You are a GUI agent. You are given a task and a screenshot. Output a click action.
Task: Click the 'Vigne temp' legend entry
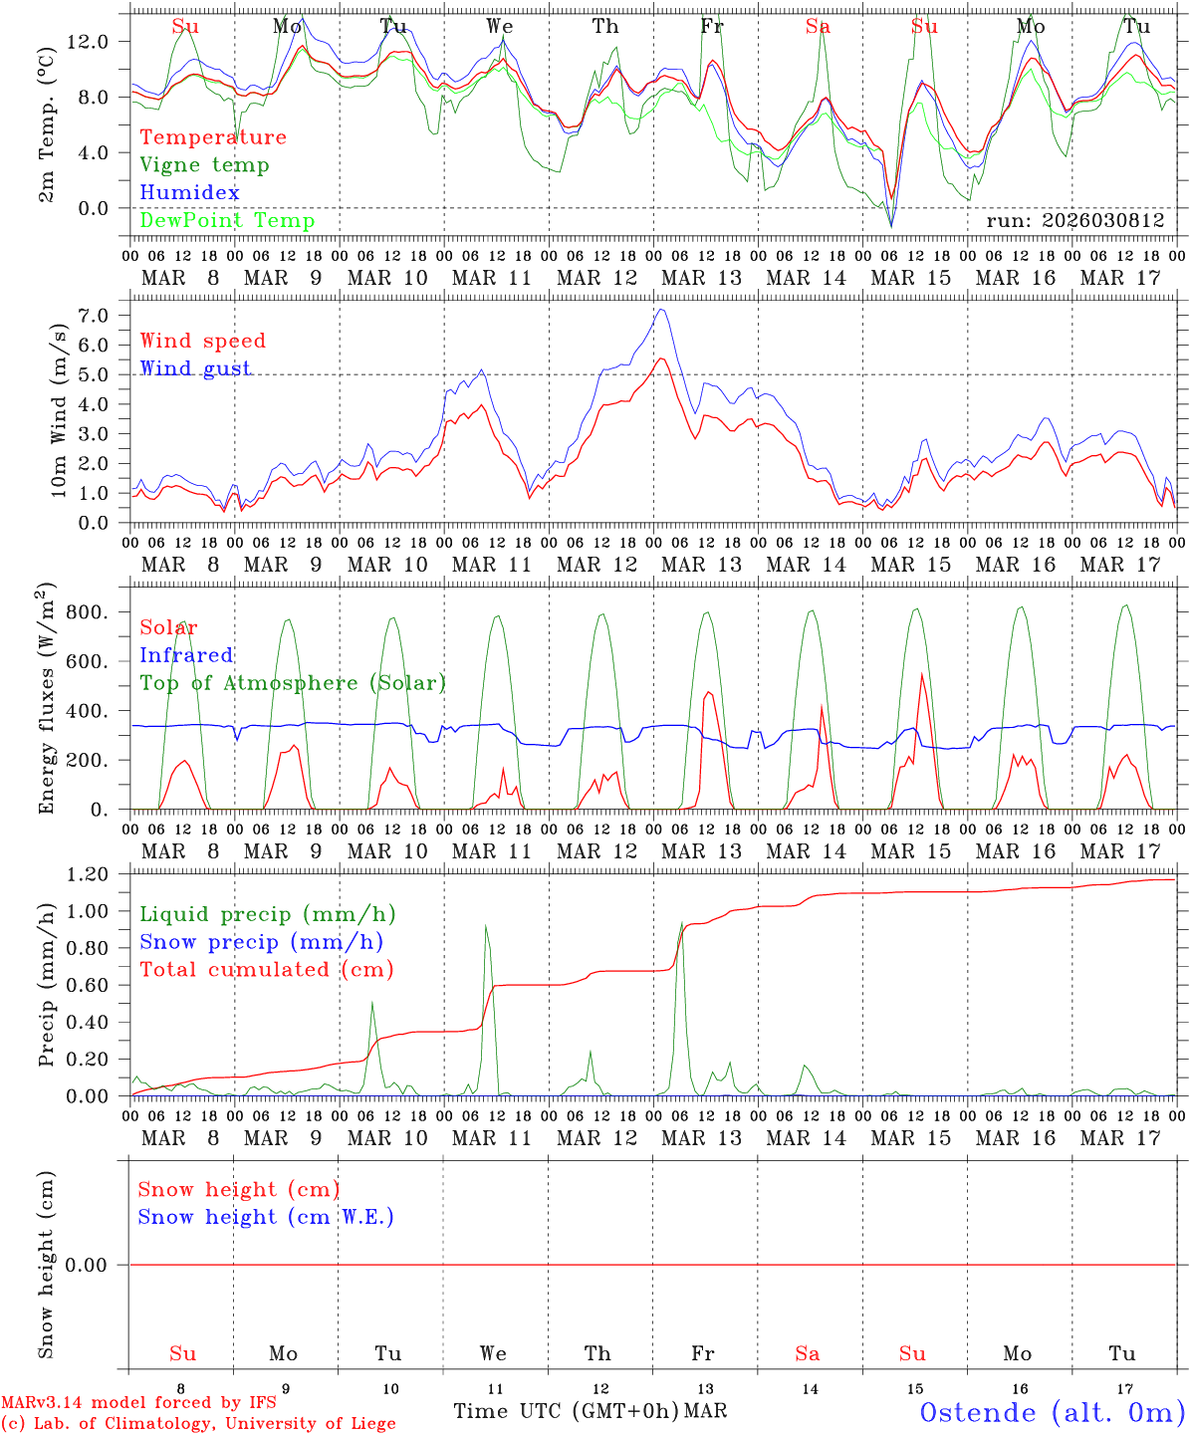pyautogui.click(x=204, y=165)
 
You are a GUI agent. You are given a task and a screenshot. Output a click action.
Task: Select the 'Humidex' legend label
pyautogui.click(x=189, y=193)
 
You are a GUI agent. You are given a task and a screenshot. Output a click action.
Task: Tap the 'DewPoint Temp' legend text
pyautogui.click(x=227, y=221)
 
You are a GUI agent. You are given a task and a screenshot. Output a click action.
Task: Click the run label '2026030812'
pyautogui.click(x=1074, y=221)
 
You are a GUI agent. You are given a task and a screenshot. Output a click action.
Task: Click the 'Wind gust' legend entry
pyautogui.click(x=195, y=368)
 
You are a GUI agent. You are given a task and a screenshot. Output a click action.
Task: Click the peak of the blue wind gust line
pyautogui.click(x=659, y=310)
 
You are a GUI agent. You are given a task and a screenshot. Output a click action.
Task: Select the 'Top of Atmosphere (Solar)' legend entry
pyautogui.click(x=292, y=683)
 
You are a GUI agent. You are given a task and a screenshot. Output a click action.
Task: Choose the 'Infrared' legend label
pyautogui.click(x=186, y=655)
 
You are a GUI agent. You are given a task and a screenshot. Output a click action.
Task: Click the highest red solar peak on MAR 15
pyautogui.click(x=921, y=675)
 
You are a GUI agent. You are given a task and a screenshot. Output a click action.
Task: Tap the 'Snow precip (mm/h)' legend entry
pyautogui.click(x=261, y=942)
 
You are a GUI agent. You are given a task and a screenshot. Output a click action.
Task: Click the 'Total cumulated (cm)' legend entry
pyautogui.click(x=266, y=970)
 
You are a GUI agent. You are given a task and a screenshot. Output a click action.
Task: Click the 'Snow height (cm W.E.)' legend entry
pyautogui.click(x=266, y=1217)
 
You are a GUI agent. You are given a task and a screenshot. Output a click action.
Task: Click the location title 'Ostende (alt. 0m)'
pyautogui.click(x=1052, y=1412)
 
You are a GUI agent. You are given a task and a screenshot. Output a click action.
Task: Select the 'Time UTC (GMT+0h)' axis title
pyautogui.click(x=567, y=1411)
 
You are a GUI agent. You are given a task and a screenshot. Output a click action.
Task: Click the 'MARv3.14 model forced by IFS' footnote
pyautogui.click(x=138, y=1402)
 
